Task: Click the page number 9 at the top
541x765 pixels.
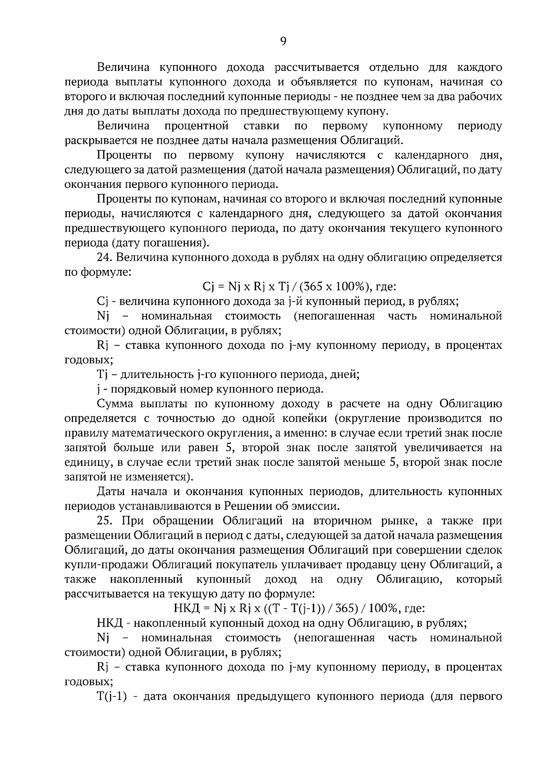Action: [283, 41]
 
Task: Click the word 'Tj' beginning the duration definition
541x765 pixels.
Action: [101, 375]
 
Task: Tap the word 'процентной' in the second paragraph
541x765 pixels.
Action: [197, 126]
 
